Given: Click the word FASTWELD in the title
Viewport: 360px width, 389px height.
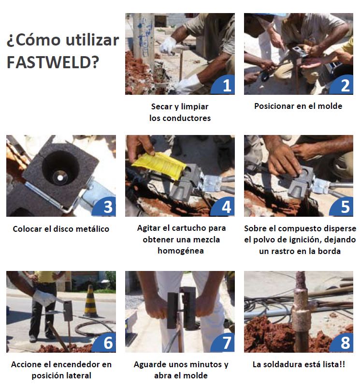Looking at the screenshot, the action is click(x=53, y=62).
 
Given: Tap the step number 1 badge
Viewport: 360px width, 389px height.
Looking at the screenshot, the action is click(x=224, y=85).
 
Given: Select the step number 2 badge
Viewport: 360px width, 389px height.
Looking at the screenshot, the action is click(x=342, y=85).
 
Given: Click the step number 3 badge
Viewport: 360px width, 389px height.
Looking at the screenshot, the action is click(x=105, y=207).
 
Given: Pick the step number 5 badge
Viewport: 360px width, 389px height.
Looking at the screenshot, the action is click(x=342, y=207).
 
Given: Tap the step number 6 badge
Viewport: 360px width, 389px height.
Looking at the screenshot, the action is click(x=105, y=343).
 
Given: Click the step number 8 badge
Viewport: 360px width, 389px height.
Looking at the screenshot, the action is click(x=342, y=343).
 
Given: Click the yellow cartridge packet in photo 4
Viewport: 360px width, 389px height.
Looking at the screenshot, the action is click(x=159, y=165).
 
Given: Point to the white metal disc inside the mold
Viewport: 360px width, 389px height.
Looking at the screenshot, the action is click(x=60, y=178).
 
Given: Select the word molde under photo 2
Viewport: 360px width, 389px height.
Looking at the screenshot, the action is click(x=330, y=106).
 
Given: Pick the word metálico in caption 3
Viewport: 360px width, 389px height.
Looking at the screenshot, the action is click(x=92, y=229).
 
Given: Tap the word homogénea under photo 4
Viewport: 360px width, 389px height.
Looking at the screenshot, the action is click(x=181, y=251).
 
